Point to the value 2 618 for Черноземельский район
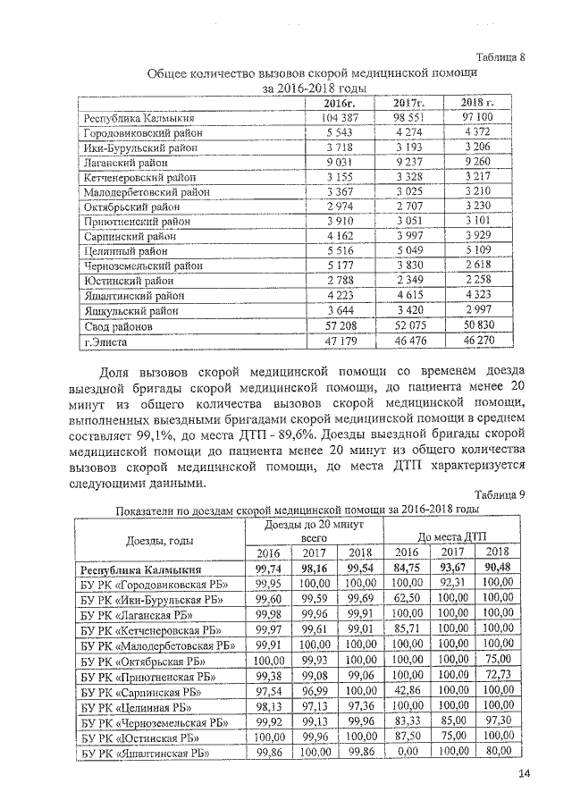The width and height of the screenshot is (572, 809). tap(477, 265)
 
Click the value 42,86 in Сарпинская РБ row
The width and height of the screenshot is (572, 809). tap(407, 690)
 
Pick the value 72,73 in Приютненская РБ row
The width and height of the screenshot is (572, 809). tap(496, 675)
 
